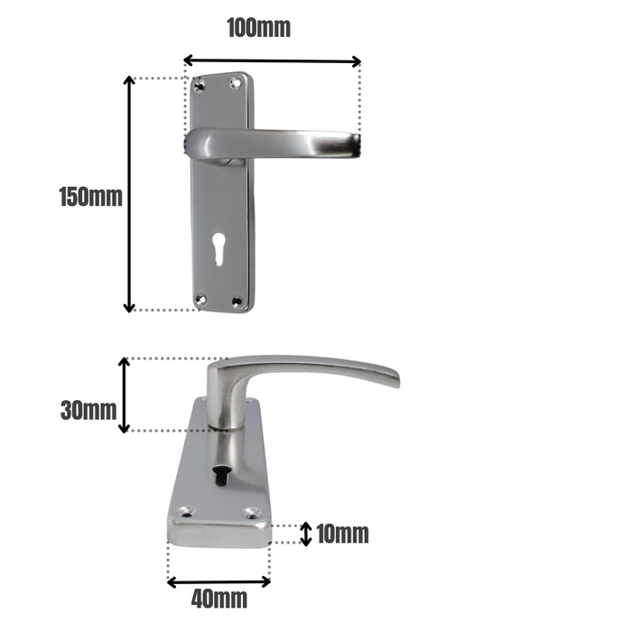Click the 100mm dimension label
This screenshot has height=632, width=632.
(x=258, y=28)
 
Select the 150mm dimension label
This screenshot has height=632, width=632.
(x=90, y=196)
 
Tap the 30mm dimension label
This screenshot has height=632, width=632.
(x=88, y=410)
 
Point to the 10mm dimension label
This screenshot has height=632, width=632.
(x=342, y=534)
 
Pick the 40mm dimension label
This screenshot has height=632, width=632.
(x=218, y=599)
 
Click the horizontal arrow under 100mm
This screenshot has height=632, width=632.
(x=272, y=61)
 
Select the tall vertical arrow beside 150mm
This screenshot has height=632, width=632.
(x=129, y=194)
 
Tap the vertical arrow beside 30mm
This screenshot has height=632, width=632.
(x=125, y=395)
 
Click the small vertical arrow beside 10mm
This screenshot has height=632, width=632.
(x=306, y=534)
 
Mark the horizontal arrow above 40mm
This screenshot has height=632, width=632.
(x=218, y=581)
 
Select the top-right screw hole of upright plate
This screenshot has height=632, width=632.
(x=237, y=84)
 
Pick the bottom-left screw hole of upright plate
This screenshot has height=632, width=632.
(x=201, y=300)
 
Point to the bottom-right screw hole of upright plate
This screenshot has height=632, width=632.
(x=237, y=302)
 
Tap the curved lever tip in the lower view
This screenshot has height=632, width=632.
(x=390, y=376)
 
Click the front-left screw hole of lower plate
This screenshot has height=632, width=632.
(x=187, y=512)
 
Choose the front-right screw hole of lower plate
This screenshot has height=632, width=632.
(x=252, y=514)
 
